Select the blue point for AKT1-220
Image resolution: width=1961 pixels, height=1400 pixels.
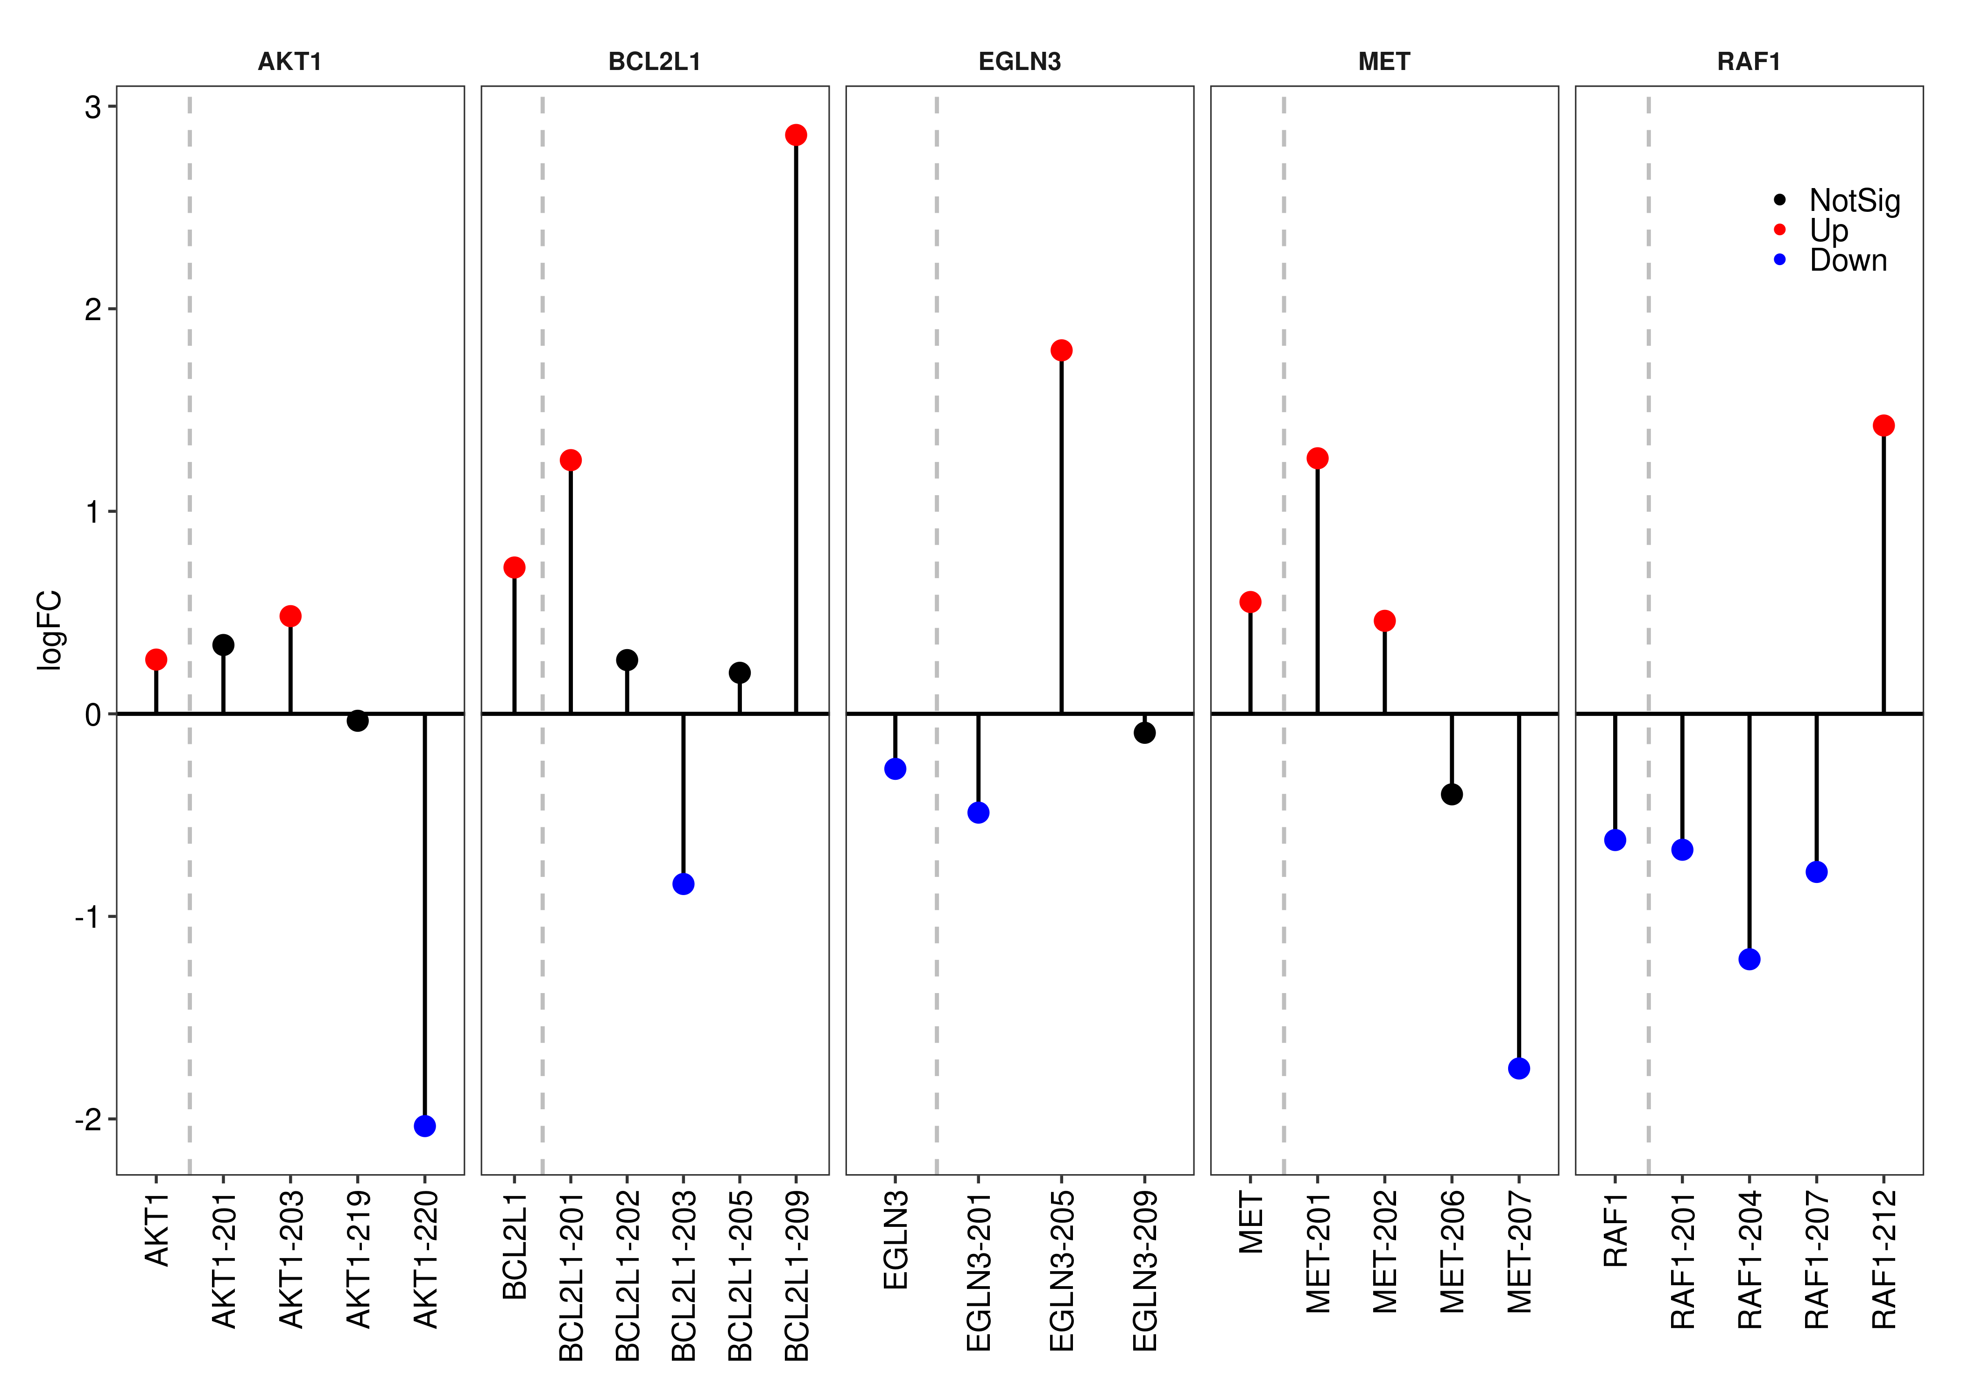coord(424,1126)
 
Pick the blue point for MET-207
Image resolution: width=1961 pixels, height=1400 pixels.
coord(1519,1068)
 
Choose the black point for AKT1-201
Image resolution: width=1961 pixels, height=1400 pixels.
coord(223,645)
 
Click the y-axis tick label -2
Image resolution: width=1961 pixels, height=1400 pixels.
coord(88,1119)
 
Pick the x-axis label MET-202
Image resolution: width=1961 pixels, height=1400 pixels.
coord(1385,1252)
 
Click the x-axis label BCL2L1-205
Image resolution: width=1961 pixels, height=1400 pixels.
coord(740,1276)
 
